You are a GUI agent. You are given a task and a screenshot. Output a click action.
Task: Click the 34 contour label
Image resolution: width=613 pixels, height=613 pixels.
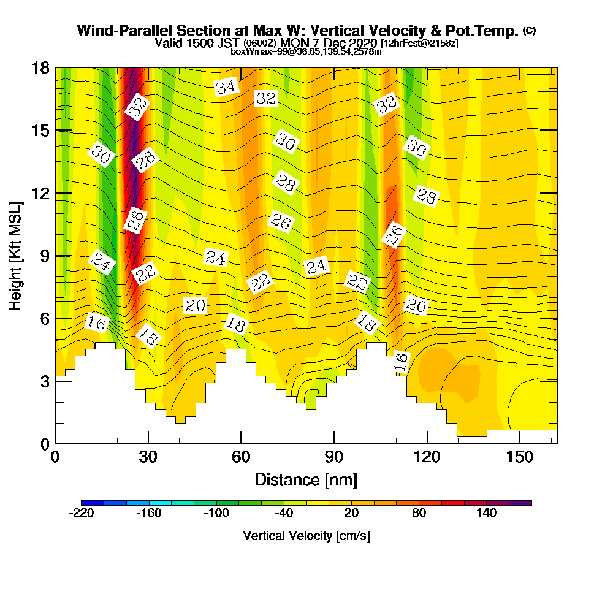226,87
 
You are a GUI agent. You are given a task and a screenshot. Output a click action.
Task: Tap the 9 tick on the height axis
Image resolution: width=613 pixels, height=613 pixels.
44,256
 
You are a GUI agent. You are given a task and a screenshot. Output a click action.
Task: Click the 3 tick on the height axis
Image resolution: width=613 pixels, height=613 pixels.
44,381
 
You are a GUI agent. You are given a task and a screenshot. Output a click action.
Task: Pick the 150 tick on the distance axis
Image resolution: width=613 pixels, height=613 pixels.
519,457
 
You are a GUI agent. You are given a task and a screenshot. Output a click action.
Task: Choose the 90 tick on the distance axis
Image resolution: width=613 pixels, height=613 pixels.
333,457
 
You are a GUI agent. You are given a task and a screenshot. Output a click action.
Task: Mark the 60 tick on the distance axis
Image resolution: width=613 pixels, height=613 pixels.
241,457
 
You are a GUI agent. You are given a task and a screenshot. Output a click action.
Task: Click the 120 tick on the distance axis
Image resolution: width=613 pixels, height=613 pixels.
427,457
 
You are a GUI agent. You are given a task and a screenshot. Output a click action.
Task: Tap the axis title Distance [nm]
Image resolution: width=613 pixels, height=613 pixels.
306,479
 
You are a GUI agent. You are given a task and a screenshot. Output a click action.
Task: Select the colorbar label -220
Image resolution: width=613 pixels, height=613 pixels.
82,513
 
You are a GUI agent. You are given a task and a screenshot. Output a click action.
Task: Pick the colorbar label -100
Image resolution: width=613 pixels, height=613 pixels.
215,513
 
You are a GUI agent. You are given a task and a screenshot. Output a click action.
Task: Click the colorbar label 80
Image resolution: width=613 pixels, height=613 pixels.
419,513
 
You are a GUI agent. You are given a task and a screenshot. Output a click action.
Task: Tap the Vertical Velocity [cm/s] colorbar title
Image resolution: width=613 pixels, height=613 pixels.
306,536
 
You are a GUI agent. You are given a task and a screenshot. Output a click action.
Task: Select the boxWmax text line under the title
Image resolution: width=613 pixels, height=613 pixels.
306,51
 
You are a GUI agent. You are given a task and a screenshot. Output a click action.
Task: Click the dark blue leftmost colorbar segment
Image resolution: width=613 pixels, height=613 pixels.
93,503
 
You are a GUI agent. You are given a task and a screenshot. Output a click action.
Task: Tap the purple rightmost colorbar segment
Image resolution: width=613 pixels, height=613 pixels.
520,503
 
